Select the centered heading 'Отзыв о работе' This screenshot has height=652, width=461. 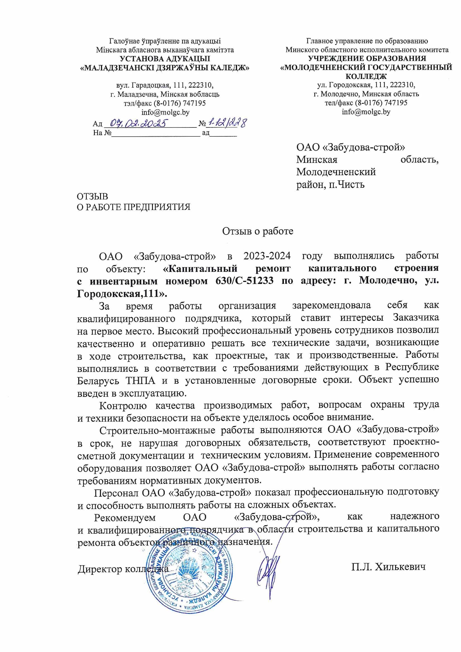[257, 231]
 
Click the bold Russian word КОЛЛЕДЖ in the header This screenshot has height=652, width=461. [366, 76]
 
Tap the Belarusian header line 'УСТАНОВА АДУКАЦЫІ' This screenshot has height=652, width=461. [165, 59]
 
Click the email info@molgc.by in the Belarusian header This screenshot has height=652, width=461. [165, 112]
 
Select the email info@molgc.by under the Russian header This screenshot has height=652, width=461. [366, 112]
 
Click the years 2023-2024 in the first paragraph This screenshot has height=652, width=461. [267, 255]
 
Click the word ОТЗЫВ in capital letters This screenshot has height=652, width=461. [93, 197]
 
